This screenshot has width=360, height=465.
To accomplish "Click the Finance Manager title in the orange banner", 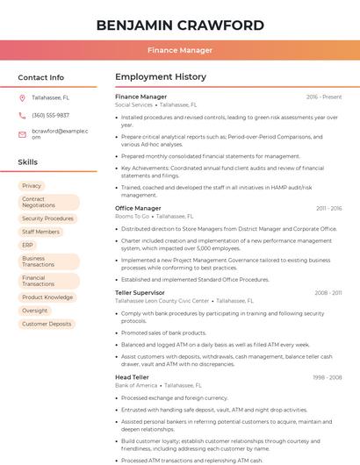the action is (x=179, y=50).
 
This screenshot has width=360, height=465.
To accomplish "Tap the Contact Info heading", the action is (x=40, y=77).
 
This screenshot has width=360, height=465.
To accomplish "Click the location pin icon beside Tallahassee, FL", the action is (x=22, y=97).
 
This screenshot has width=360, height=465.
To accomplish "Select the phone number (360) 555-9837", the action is (x=50, y=115).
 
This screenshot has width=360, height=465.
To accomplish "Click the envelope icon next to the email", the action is (x=22, y=133).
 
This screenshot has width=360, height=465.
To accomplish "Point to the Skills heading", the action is (x=27, y=162).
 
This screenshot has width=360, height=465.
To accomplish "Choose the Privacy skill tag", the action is (x=32, y=186).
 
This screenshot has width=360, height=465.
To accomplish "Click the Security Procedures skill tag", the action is (x=47, y=218).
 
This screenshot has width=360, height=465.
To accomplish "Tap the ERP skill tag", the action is (x=28, y=245).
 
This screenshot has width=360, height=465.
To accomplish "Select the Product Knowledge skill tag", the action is (x=47, y=297).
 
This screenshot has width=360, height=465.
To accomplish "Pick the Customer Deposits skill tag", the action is (x=47, y=324).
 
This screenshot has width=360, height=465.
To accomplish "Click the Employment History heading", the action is (x=160, y=77).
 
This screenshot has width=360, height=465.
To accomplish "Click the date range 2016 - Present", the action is (x=324, y=97).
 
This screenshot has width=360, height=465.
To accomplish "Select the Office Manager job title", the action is (x=138, y=208).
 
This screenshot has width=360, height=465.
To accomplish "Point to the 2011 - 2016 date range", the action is (x=328, y=208).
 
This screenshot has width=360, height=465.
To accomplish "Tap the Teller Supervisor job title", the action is (x=140, y=292).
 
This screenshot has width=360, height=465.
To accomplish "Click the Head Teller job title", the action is (x=132, y=376).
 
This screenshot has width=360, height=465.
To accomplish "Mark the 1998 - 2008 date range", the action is (x=327, y=376).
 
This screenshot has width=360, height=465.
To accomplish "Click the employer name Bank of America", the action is (x=136, y=385).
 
